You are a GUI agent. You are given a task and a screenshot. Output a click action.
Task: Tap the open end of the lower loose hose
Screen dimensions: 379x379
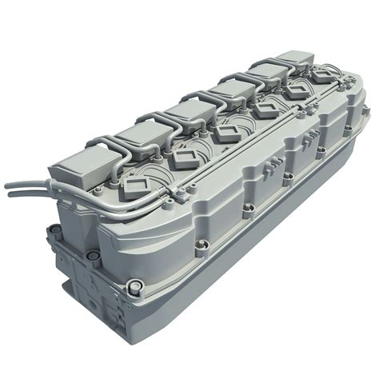pyautogui.click(x=9, y=192)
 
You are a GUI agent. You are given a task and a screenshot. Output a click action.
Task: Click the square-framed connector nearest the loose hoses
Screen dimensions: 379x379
pyautogui.click(x=133, y=190)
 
